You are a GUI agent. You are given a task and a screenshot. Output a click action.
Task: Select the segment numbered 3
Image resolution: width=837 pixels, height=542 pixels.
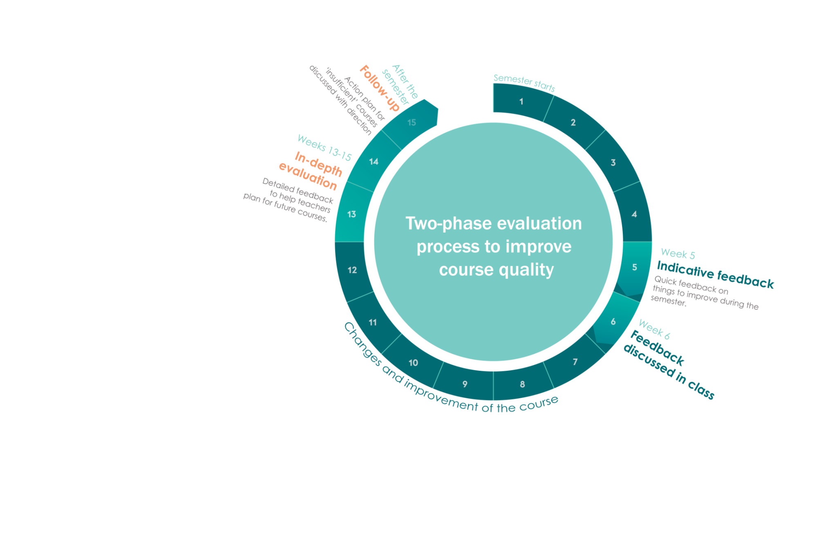(x=613, y=163)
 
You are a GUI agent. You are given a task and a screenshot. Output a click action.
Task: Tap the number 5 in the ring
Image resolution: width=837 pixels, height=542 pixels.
(x=634, y=267)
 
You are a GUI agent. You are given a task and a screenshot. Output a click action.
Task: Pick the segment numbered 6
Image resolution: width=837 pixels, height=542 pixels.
(x=613, y=321)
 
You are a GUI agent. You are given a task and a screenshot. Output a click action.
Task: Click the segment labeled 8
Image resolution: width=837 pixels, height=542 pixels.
(x=522, y=384)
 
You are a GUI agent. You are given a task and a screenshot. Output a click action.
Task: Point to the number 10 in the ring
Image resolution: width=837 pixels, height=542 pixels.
(x=413, y=363)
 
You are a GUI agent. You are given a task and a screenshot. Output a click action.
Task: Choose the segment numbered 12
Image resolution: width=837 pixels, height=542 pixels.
(x=352, y=270)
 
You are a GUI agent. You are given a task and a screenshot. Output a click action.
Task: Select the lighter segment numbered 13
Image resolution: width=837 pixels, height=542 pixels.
(x=351, y=214)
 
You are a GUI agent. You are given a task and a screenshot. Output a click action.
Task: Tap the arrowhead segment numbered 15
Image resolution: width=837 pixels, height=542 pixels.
(x=412, y=122)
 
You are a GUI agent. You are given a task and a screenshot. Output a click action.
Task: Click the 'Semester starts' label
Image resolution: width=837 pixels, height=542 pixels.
(x=524, y=83)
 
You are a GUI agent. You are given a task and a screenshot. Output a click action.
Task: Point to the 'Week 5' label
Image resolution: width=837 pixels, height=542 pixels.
(x=677, y=254)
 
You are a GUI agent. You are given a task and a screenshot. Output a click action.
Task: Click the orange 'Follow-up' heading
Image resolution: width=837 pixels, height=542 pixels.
(x=379, y=88)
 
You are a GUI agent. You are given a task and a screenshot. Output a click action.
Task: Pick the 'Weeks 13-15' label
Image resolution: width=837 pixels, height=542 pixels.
(x=324, y=147)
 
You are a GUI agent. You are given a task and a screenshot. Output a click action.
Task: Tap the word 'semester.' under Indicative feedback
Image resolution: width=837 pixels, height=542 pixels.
(x=668, y=301)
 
